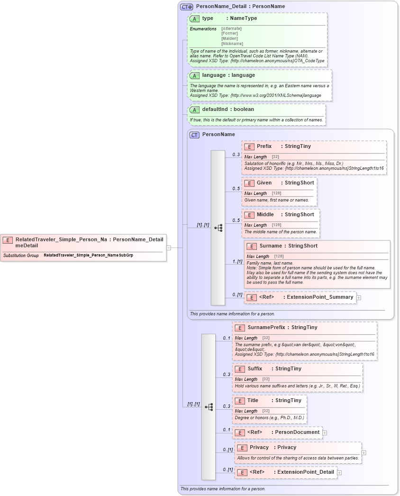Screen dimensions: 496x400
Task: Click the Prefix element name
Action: point(264,147)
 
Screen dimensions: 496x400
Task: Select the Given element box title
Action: point(264,183)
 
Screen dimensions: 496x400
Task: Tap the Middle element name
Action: point(265,215)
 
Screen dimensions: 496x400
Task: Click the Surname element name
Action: point(271,246)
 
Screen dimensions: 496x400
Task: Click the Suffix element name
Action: point(255,369)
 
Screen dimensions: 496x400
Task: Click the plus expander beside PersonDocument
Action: point(325,432)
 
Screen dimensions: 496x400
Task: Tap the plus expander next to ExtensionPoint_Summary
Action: point(359,298)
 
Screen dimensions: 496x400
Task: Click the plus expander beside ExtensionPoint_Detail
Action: point(340,472)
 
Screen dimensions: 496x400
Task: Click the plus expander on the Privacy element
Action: point(364,453)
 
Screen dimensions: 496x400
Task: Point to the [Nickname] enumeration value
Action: point(232,44)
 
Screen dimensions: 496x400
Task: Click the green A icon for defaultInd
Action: point(194,110)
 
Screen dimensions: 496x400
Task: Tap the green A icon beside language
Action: point(194,76)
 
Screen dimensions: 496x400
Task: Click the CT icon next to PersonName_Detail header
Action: point(186,7)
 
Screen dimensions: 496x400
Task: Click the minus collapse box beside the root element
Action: point(168,248)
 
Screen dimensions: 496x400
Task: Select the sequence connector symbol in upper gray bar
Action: point(218,228)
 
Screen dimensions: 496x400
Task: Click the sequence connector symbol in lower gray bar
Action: point(209,407)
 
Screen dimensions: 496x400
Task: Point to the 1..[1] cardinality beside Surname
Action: point(237,262)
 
